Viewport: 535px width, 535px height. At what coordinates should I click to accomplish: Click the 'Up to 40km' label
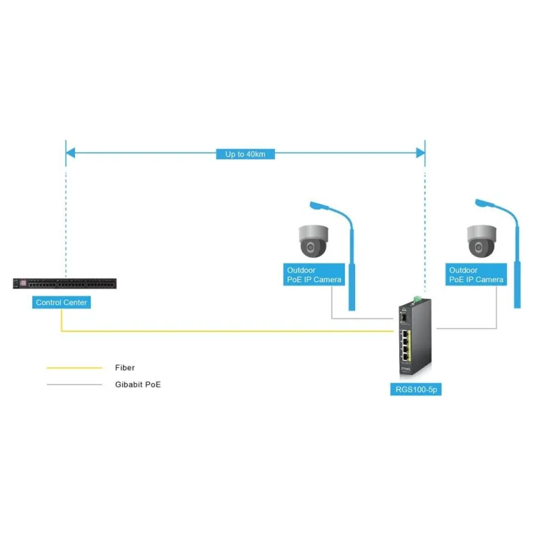[245, 154]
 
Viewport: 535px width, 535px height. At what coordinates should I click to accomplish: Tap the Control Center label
[62, 303]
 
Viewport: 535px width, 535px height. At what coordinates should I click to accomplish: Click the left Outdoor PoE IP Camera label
[314, 274]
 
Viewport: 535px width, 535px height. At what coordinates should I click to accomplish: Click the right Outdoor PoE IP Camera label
[476, 274]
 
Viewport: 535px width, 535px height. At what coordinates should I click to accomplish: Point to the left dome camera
[313, 241]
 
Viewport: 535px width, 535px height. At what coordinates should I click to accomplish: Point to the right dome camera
[480, 241]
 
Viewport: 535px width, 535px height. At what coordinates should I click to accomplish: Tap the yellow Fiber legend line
[74, 368]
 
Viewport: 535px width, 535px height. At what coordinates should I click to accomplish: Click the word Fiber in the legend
[125, 368]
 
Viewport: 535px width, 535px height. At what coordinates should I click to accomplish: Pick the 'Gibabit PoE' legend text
[138, 385]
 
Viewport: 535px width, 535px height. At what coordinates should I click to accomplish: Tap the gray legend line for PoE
[74, 385]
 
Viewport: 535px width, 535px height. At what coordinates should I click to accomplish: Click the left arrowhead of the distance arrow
[70, 154]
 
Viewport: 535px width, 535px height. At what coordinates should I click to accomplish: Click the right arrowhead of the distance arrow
[421, 154]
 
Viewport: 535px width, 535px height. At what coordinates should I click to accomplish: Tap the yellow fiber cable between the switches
[227, 331]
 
